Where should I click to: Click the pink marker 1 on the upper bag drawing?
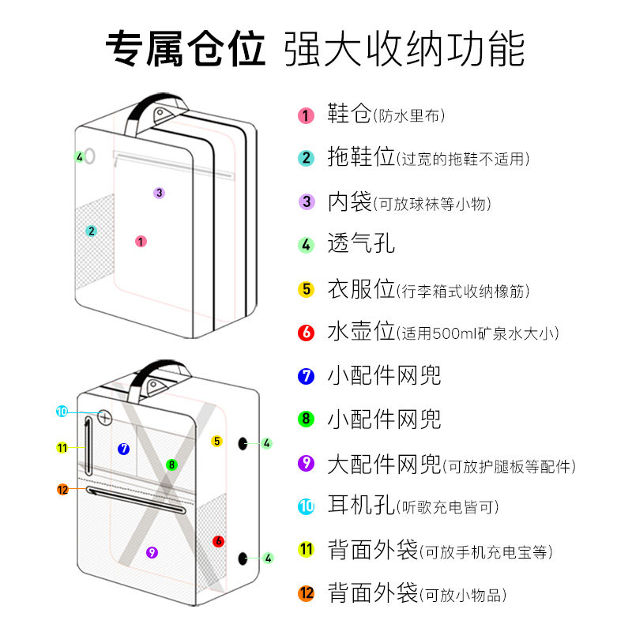point(141,242)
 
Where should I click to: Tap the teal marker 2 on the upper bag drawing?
point(92,231)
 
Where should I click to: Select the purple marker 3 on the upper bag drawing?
point(159,192)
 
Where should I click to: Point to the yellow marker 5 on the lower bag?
point(216,441)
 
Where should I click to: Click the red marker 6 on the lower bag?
point(218,541)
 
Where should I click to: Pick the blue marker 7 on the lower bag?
point(123,449)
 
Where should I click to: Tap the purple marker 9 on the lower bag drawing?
point(152,552)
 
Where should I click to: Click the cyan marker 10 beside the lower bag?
point(62,411)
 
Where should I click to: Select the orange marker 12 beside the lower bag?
point(63,489)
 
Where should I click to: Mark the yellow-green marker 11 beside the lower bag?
point(62,448)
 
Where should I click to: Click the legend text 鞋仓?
point(349,115)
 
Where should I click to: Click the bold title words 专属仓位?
point(186,49)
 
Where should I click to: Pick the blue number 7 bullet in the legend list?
point(307,376)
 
